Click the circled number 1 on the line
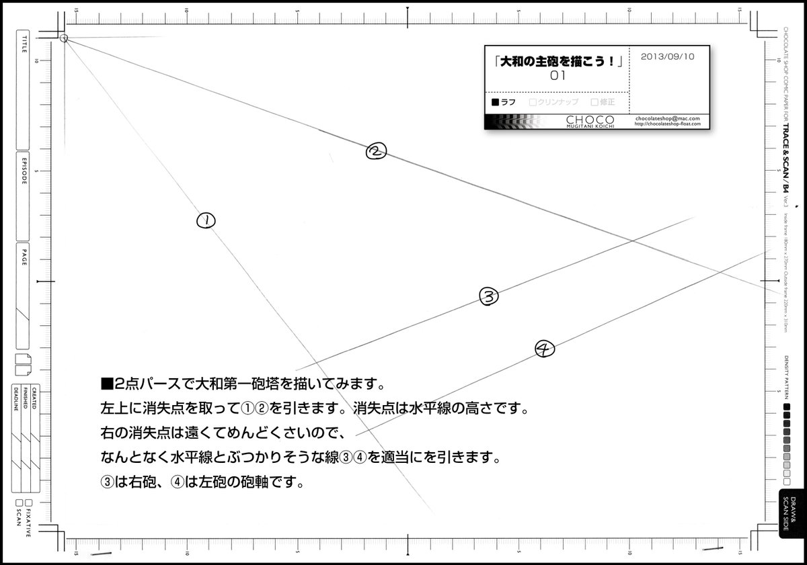[x=206, y=220]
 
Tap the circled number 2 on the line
[x=375, y=152]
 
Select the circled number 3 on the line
[x=488, y=296]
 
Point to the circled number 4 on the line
[x=543, y=348]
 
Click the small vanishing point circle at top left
[x=64, y=38]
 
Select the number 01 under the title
[x=557, y=76]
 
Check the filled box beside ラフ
[x=496, y=103]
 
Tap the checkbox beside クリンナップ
[x=533, y=103]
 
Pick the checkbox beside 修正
[x=594, y=103]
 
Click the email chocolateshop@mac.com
[x=668, y=118]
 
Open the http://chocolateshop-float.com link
[x=668, y=124]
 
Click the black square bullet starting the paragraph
[x=105, y=384]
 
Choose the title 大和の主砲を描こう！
[x=557, y=60]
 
